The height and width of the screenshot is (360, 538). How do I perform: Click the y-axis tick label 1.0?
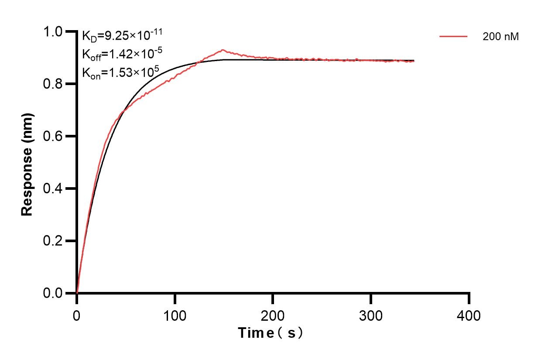click(x=54, y=31)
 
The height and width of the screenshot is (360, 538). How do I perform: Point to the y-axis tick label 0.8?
click(x=54, y=84)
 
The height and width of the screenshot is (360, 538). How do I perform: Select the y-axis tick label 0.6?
click(x=54, y=136)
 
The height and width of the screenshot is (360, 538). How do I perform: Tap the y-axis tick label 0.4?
click(x=54, y=189)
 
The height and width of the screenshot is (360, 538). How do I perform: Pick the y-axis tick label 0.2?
click(x=54, y=241)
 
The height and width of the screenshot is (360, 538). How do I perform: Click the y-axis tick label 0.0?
click(x=54, y=293)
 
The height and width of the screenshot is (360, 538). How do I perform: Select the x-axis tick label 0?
click(x=77, y=315)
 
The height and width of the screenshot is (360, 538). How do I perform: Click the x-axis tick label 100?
click(x=175, y=315)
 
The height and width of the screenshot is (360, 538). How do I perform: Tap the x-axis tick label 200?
click(x=273, y=315)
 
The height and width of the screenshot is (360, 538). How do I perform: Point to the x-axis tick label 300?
click(x=371, y=315)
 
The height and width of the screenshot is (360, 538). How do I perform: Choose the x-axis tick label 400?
click(x=469, y=315)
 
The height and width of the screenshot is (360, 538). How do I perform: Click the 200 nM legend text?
click(x=500, y=37)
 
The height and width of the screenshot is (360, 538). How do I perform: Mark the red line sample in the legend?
click(x=453, y=37)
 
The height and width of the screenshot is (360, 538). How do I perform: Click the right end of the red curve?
click(x=413, y=62)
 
